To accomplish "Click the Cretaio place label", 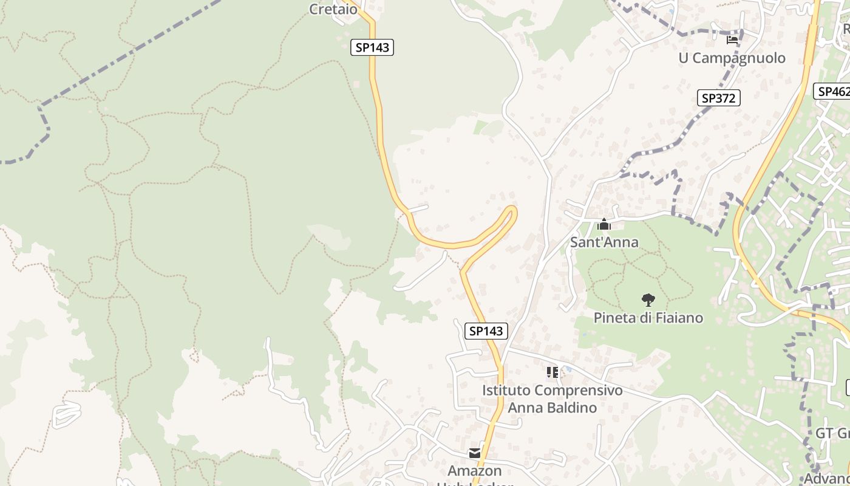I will (x=333, y=9).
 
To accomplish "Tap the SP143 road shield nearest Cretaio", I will (x=372, y=47).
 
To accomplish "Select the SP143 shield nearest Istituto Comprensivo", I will (x=486, y=331).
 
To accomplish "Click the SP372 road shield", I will (x=718, y=98).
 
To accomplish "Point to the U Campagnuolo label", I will (x=732, y=58).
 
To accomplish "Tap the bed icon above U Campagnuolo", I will (x=732, y=40).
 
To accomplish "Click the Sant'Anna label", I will (x=604, y=242).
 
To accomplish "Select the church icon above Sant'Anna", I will (x=603, y=225).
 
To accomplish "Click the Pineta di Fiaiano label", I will (x=648, y=318).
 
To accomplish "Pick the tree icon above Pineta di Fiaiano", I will (x=648, y=299).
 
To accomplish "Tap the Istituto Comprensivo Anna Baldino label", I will (x=552, y=399).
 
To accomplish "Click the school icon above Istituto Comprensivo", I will (x=552, y=372).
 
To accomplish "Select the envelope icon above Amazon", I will (x=474, y=453).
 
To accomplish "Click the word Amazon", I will (x=475, y=471).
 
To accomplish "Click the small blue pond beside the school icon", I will (x=568, y=369).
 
